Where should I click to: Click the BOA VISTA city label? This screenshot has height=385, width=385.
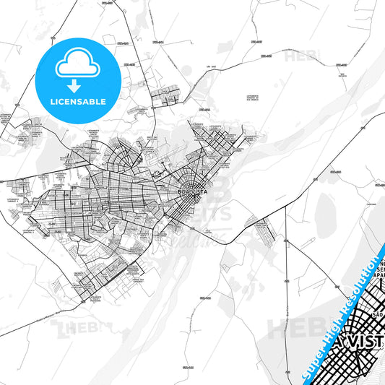click(193, 191)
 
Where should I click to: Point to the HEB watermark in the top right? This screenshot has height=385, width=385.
click(303, 56)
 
